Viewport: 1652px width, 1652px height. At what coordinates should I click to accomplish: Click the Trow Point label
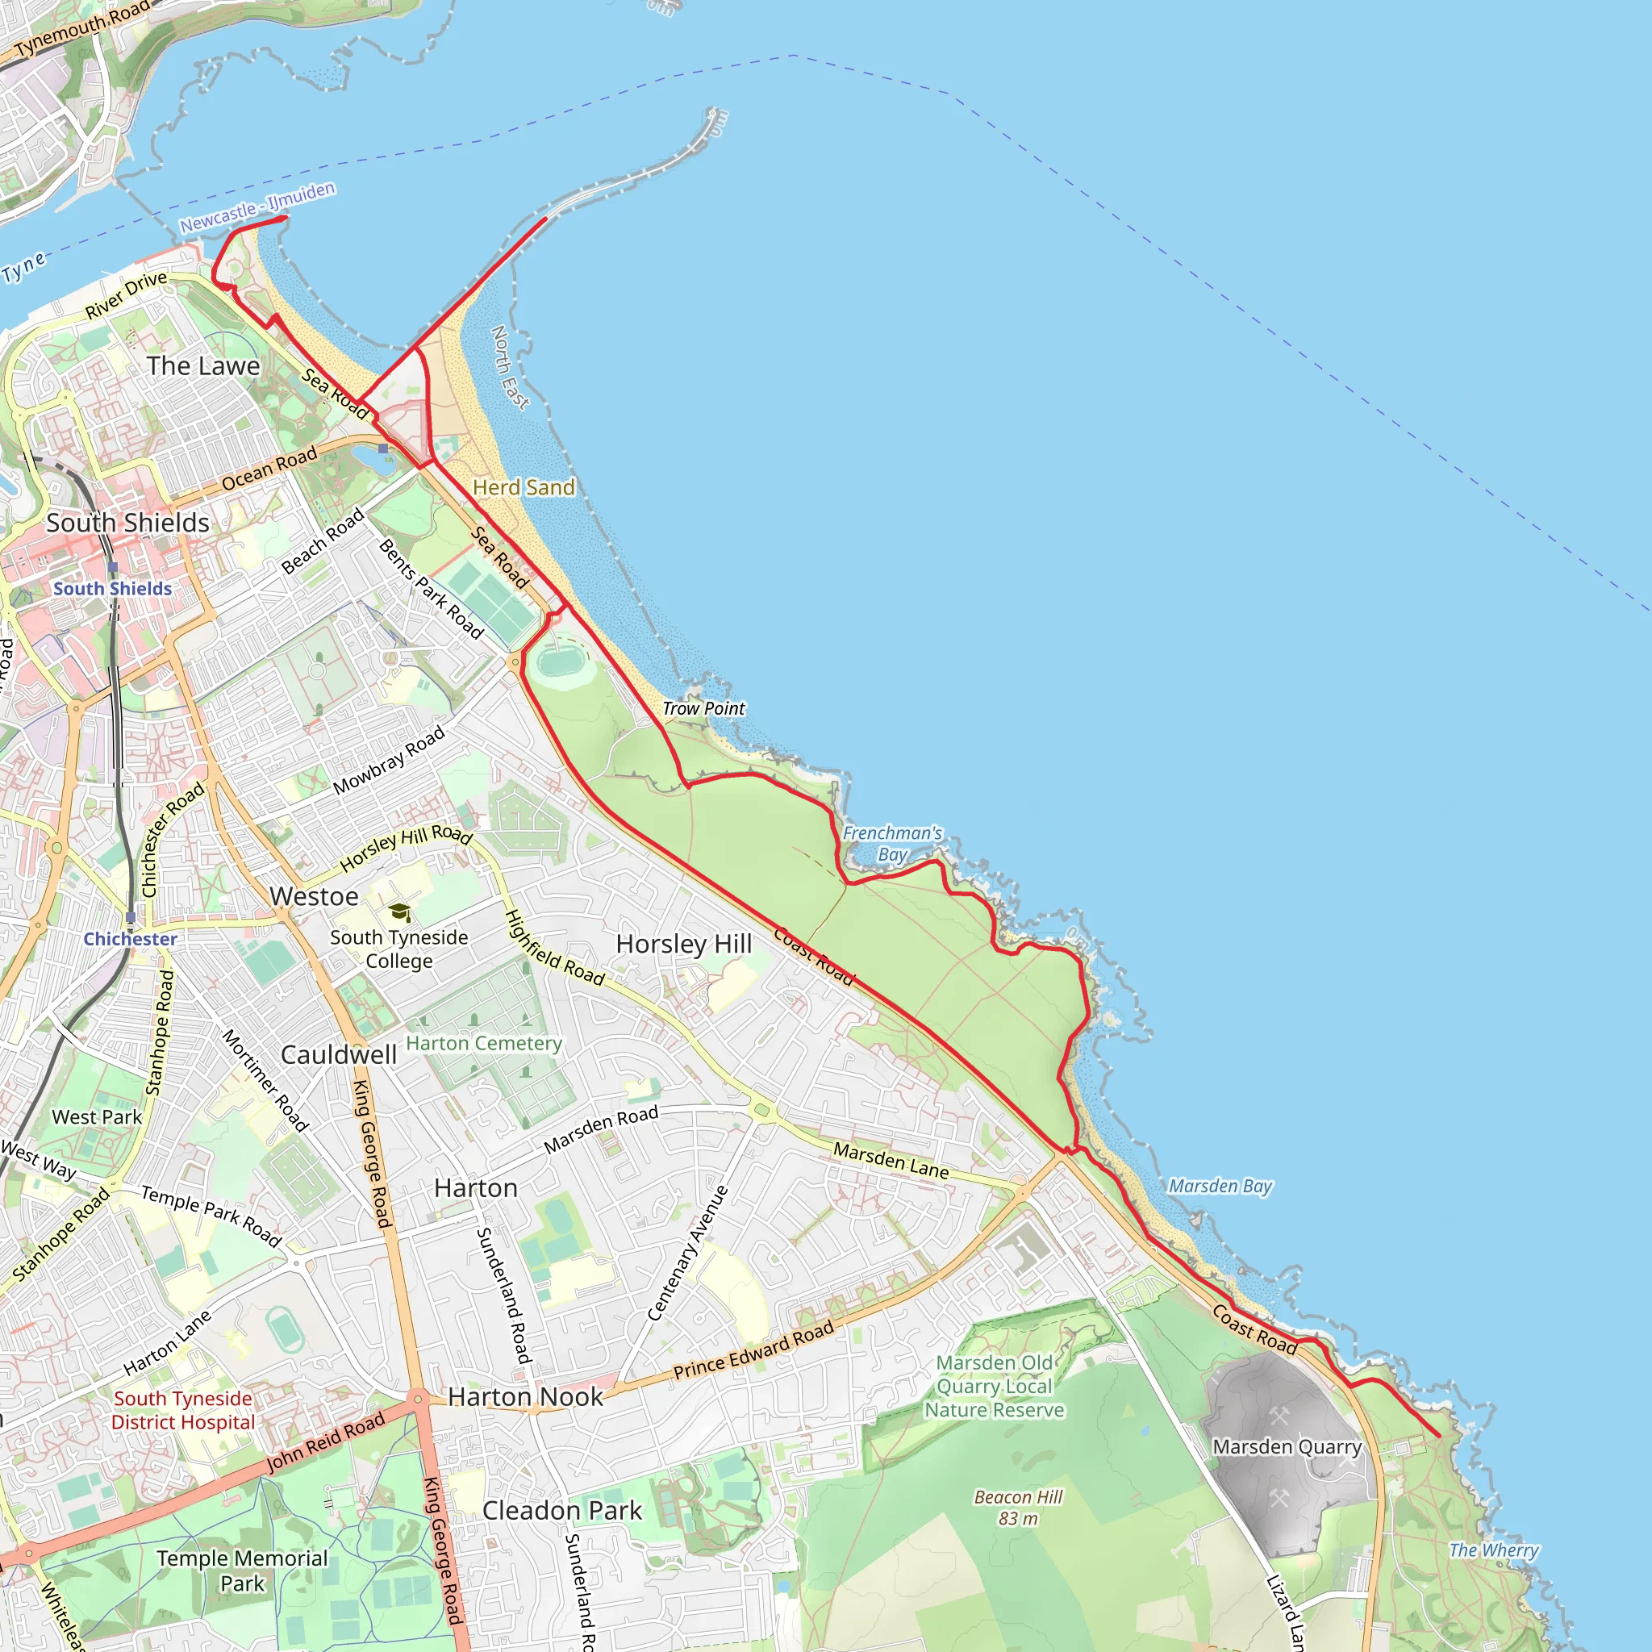coord(703,709)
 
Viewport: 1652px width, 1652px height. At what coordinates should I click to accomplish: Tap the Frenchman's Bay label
coord(892,844)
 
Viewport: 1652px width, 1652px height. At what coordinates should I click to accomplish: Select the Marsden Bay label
coord(1220,1186)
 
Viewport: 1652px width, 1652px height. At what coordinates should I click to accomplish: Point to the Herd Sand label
coord(524,487)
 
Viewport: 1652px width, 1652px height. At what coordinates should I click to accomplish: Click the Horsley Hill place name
coord(684,944)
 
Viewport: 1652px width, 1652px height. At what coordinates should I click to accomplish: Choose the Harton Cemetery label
coord(484,1043)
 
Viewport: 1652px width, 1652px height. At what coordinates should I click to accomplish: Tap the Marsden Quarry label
coord(1287,1447)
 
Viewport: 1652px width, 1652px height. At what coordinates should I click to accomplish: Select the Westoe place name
coord(314,896)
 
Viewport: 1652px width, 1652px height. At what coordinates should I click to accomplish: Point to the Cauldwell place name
coord(339,1054)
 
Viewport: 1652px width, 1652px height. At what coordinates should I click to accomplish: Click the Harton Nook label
coord(525,1396)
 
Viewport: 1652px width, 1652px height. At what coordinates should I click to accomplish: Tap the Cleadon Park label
coord(561,1511)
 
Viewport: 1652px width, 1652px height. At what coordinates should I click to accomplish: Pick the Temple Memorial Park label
coord(242,1571)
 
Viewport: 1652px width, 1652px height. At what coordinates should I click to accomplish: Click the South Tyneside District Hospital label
coord(183,1410)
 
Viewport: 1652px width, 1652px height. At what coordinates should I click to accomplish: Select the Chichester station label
coord(130,939)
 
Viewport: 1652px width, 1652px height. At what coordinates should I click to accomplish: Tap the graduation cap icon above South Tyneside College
coord(399,912)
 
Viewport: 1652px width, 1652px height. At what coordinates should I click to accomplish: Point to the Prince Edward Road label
coord(753,1350)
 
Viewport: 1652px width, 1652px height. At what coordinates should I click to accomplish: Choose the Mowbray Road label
coord(389,759)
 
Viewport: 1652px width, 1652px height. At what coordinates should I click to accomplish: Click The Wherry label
coord(1494,1550)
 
